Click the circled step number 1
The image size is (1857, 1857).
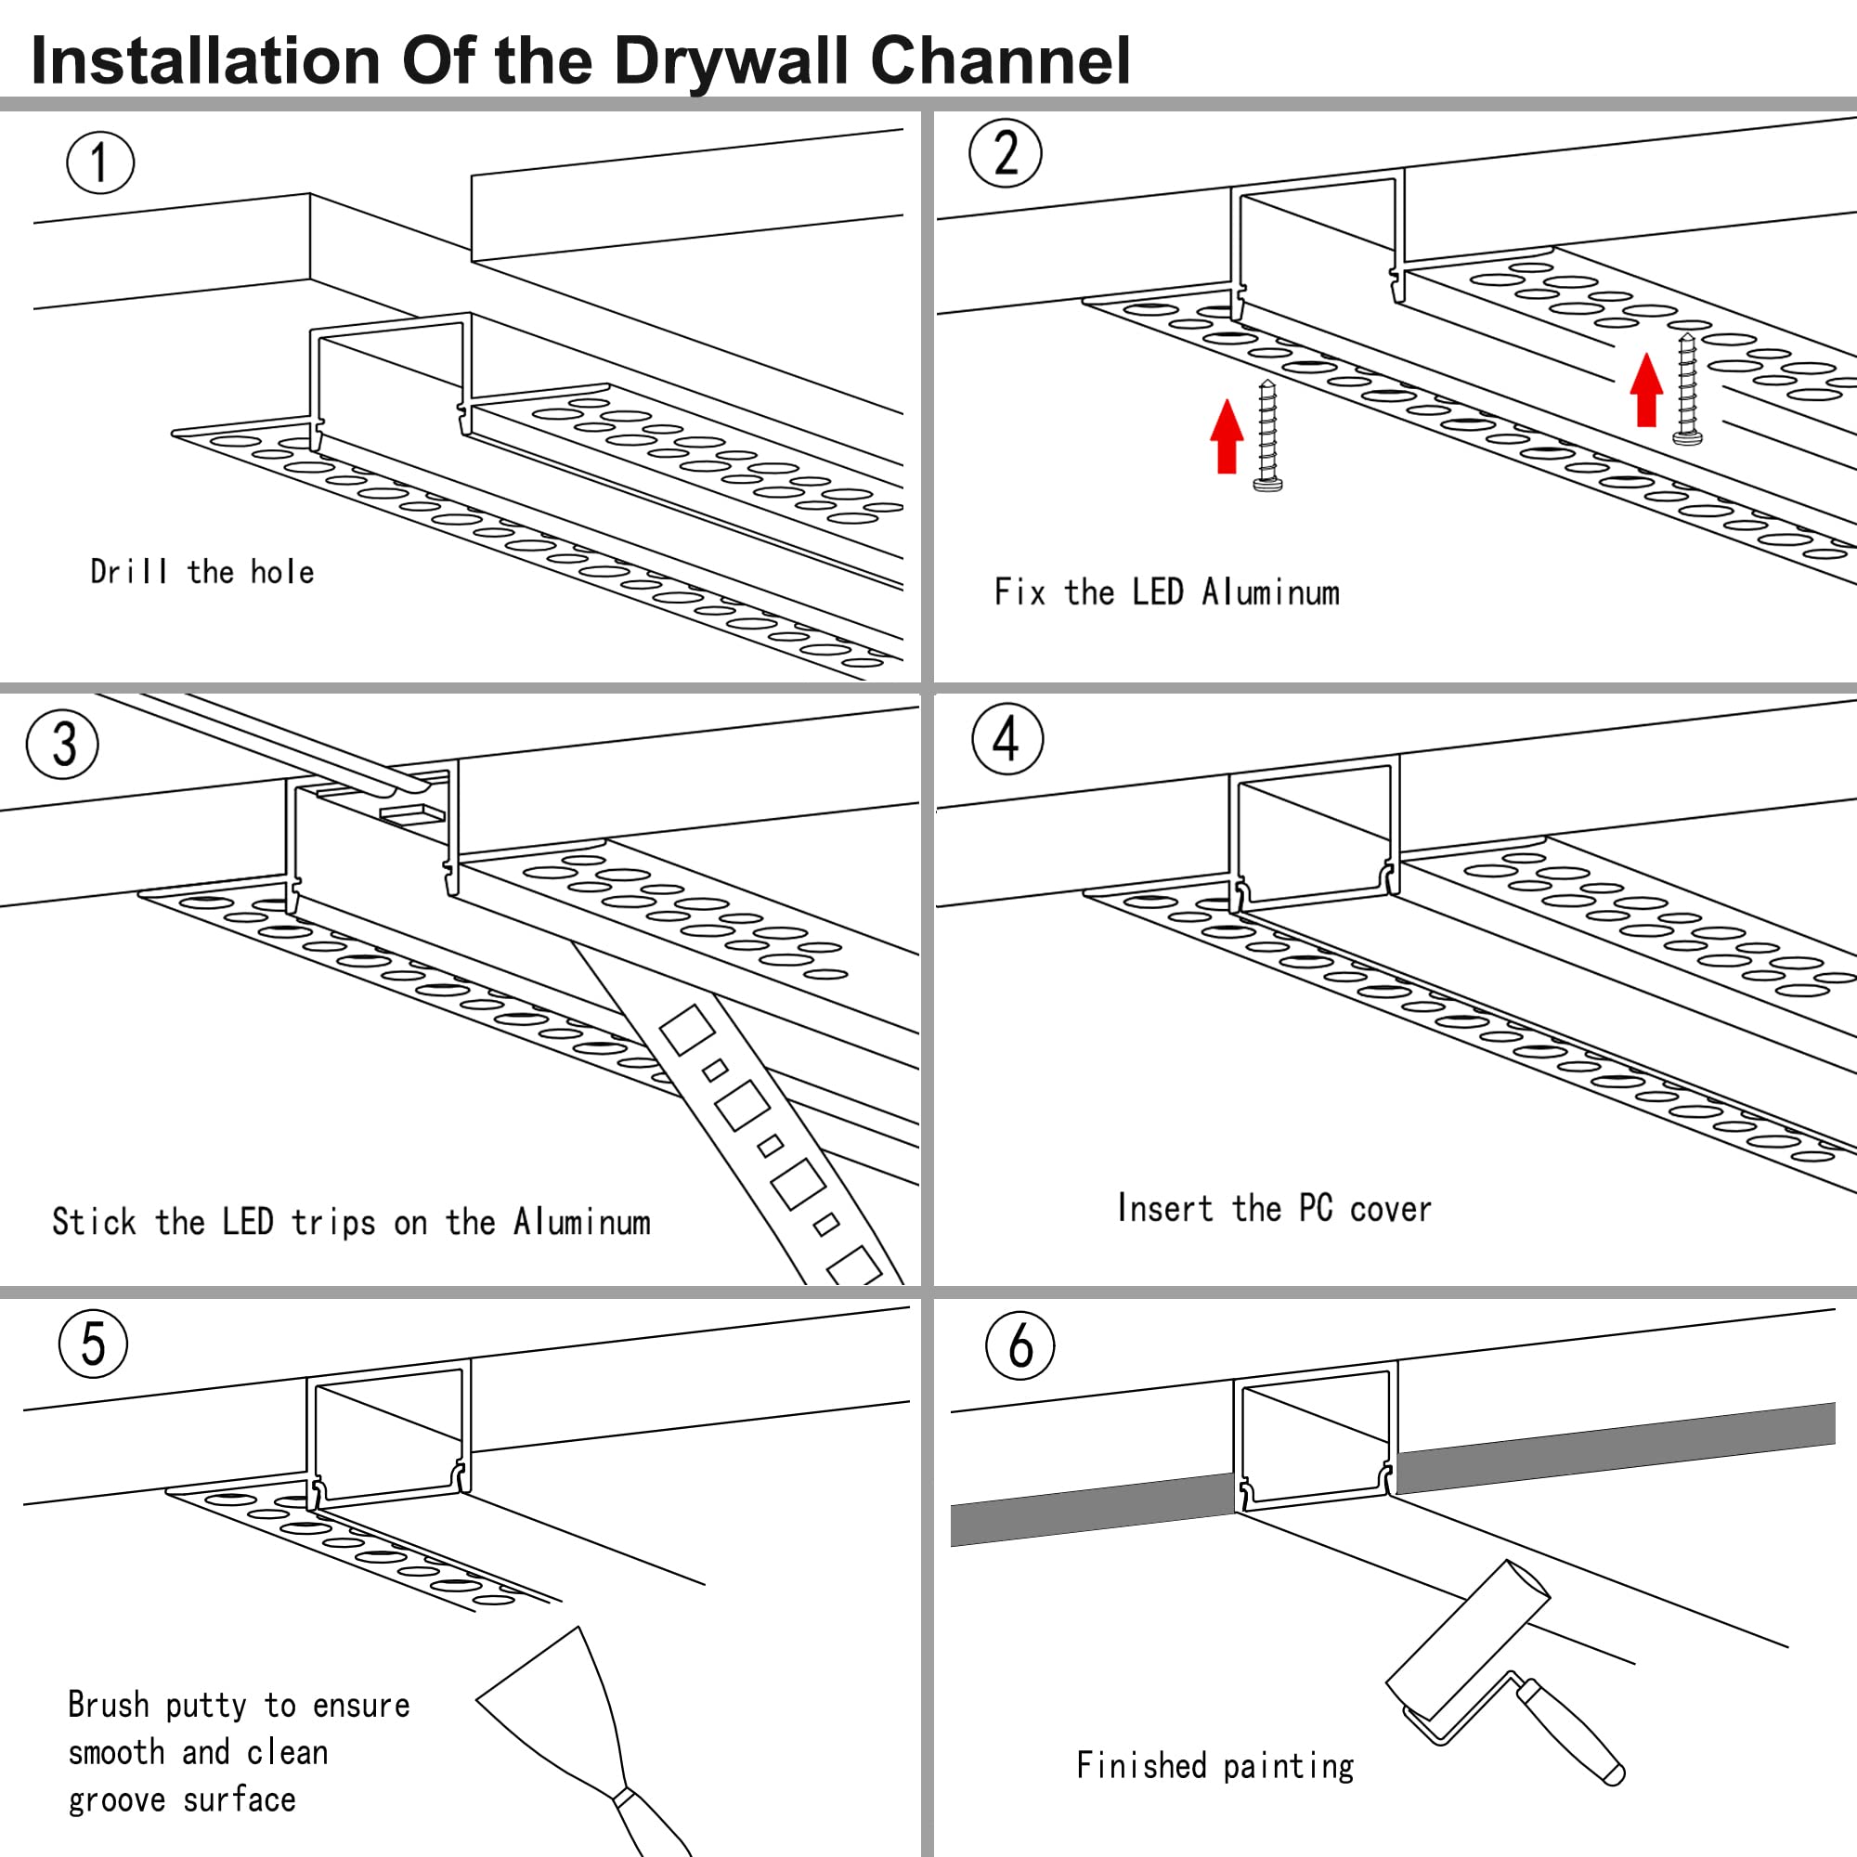[100, 162]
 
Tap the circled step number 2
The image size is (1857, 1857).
[1006, 153]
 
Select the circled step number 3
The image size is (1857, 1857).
[62, 744]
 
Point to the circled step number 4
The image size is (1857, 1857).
[1007, 739]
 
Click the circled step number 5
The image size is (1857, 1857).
[93, 1344]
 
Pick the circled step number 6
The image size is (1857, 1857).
[1019, 1345]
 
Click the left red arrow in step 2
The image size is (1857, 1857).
[1227, 436]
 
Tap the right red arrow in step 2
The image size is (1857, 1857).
[1646, 389]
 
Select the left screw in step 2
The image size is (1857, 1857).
[1267, 435]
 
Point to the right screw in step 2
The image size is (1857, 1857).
[1688, 388]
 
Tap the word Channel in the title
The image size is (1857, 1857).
[1000, 60]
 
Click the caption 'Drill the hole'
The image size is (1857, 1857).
[201, 572]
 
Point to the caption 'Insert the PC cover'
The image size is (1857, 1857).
[1274, 1208]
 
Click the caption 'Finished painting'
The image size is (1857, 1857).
[1214, 1766]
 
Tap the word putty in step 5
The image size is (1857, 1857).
[206, 1706]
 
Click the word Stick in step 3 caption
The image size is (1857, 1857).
[94, 1222]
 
